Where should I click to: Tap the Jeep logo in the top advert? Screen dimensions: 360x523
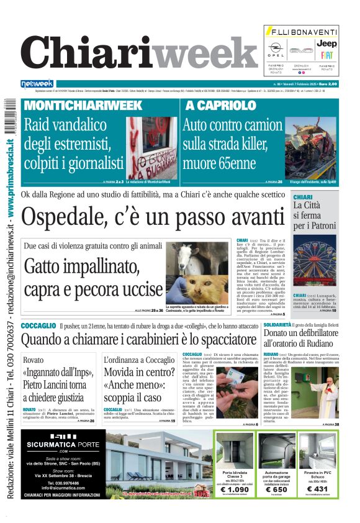pyautogui.click(x=326, y=44)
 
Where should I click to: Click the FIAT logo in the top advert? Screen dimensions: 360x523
pyautogui.click(x=326, y=55)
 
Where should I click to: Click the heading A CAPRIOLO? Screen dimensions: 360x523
pyautogui.click(x=216, y=106)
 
